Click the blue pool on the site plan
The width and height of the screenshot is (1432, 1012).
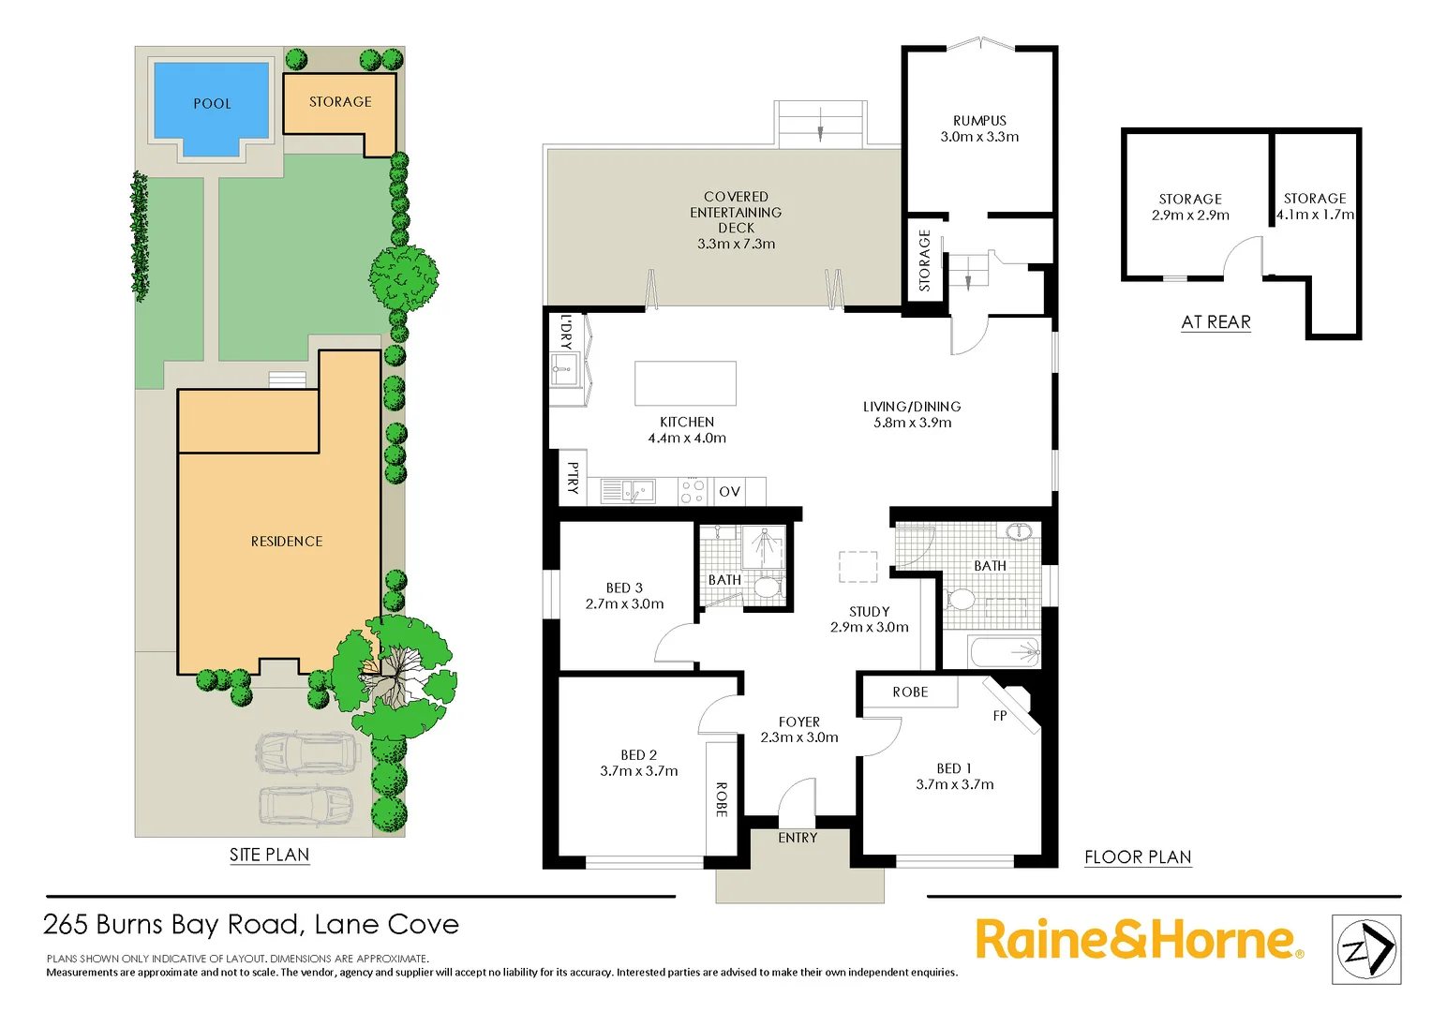pos(212,103)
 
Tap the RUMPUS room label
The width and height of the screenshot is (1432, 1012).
pos(979,121)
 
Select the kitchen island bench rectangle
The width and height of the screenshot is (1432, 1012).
pos(685,382)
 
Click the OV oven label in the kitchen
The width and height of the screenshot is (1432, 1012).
pos(729,492)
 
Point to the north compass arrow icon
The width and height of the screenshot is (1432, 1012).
pos(1366,949)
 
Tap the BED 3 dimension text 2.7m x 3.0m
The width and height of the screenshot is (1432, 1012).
pos(624,604)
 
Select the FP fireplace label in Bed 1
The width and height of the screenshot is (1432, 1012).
pos(1000,716)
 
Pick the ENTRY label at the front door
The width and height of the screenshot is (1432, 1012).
pos(798,838)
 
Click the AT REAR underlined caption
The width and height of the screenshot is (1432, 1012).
pos(1216,322)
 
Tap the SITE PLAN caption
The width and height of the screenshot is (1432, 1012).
pos(269,855)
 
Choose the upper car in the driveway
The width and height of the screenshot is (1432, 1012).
pos(307,752)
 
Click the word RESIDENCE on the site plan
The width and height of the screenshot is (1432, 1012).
pos(287,542)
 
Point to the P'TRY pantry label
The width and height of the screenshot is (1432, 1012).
pos(573,478)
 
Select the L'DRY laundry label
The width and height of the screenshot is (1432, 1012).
pos(565,332)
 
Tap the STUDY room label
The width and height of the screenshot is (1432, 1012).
pos(869,611)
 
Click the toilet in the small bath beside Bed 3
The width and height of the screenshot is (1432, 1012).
pos(767,588)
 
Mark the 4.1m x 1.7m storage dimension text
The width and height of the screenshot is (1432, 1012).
pos(1315,215)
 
